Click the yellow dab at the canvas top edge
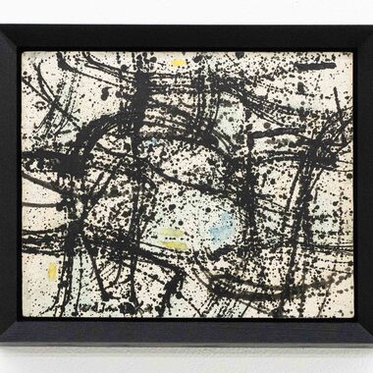(178, 63)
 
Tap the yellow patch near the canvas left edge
(52, 271)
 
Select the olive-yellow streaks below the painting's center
(173, 239)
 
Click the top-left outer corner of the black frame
(1, 26)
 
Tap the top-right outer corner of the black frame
(371, 26)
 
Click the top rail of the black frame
(186, 37)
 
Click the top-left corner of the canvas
(23, 52)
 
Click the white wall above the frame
(186, 12)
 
